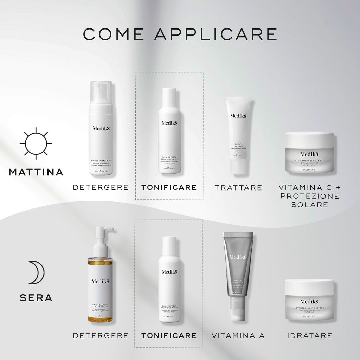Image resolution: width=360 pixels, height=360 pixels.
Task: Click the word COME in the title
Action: point(114,34)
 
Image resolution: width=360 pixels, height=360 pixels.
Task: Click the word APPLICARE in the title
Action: point(216,34)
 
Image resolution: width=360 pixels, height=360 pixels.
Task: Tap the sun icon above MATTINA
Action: point(36,143)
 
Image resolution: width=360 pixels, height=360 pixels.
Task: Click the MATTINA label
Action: point(36,172)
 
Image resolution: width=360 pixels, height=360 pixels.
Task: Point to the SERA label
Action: point(36,298)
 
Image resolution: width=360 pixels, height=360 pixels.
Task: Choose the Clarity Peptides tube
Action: point(238,135)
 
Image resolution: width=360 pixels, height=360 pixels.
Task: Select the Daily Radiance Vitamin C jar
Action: point(309,153)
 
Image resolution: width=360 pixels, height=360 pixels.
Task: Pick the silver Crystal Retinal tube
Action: point(238,274)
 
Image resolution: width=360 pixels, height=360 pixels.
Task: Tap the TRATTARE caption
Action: point(238,188)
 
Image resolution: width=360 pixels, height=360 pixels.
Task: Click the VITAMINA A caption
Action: point(238,336)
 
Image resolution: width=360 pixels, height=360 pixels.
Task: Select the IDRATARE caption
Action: point(309,336)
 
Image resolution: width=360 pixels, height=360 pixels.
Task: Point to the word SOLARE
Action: point(309,205)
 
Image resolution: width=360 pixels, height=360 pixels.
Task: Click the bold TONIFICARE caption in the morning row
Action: point(169,187)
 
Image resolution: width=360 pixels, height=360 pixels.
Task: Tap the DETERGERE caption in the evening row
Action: point(101,336)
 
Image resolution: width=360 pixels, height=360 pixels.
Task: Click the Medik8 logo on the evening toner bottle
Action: point(169,271)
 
